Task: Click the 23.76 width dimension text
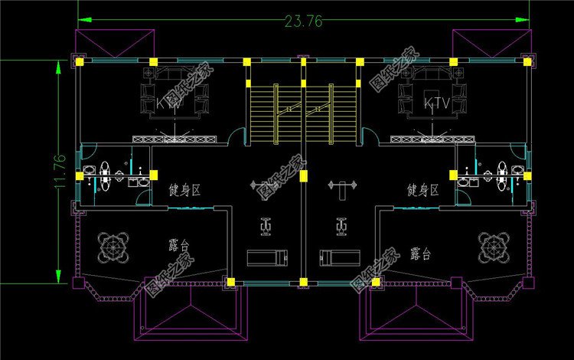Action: coord(303,21)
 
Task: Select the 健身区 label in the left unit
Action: coord(184,189)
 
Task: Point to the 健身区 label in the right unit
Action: coord(422,189)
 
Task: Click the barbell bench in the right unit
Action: coord(344,185)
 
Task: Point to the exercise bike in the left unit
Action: coord(266,225)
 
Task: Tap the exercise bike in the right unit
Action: coord(341,225)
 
